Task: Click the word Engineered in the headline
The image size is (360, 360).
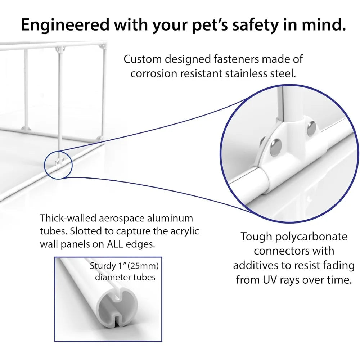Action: click(x=65, y=25)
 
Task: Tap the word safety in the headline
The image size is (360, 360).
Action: click(x=255, y=25)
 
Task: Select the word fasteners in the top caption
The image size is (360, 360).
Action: click(x=236, y=59)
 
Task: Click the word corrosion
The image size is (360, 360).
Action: click(x=154, y=74)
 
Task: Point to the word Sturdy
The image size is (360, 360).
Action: click(x=103, y=266)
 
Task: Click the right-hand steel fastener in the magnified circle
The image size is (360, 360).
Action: click(x=311, y=129)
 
